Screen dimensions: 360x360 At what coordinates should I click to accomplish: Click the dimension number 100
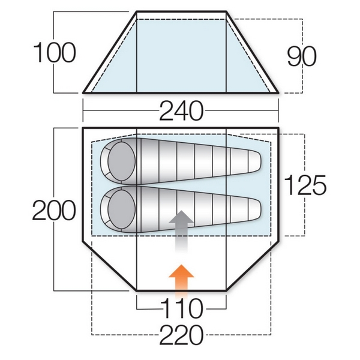click(55, 52)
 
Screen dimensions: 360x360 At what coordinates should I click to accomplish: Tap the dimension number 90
click(302, 56)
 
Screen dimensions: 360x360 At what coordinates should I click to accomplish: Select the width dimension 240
click(181, 110)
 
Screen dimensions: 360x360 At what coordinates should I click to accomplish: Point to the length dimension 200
click(54, 210)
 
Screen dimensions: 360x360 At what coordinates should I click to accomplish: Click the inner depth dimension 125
click(305, 185)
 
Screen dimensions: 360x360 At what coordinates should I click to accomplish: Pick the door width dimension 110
click(182, 308)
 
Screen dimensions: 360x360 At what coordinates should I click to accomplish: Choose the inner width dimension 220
click(181, 335)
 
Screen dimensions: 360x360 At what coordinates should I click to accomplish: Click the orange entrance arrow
click(181, 280)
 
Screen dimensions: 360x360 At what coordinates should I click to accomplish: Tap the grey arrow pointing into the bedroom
click(181, 231)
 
